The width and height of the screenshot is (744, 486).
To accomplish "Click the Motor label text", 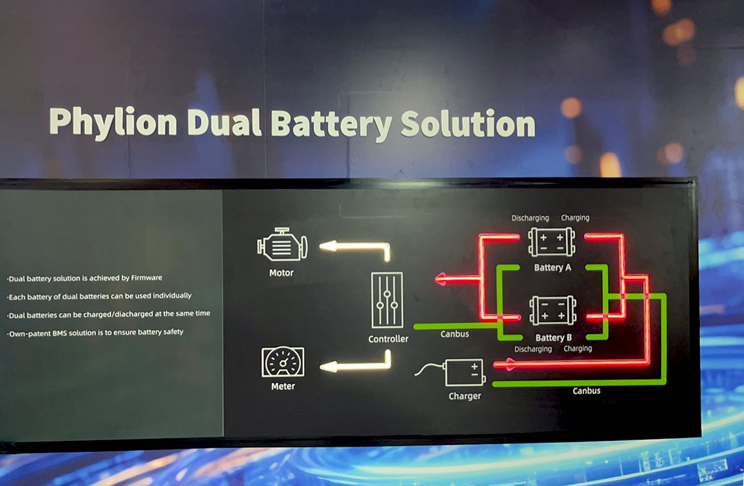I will pyautogui.click(x=281, y=273).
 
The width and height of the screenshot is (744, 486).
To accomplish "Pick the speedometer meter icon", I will pyautogui.click(x=282, y=362).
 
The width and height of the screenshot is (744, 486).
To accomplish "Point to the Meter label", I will pyautogui.click(x=283, y=387).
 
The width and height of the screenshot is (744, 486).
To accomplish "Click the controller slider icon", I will pyautogui.click(x=387, y=300).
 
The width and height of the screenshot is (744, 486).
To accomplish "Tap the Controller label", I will pyautogui.click(x=388, y=339).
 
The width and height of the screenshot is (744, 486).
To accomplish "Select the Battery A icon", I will pyautogui.click(x=552, y=242).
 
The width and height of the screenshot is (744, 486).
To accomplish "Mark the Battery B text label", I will pyautogui.click(x=553, y=338).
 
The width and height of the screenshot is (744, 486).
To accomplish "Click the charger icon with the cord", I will pyautogui.click(x=464, y=372).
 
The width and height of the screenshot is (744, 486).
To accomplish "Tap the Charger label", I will pyautogui.click(x=464, y=396).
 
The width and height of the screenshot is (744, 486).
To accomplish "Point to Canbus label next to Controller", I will pyautogui.click(x=455, y=334).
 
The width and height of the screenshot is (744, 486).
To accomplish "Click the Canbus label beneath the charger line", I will pyautogui.click(x=586, y=391).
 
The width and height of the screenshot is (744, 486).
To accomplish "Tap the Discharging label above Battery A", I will pyautogui.click(x=530, y=218).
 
